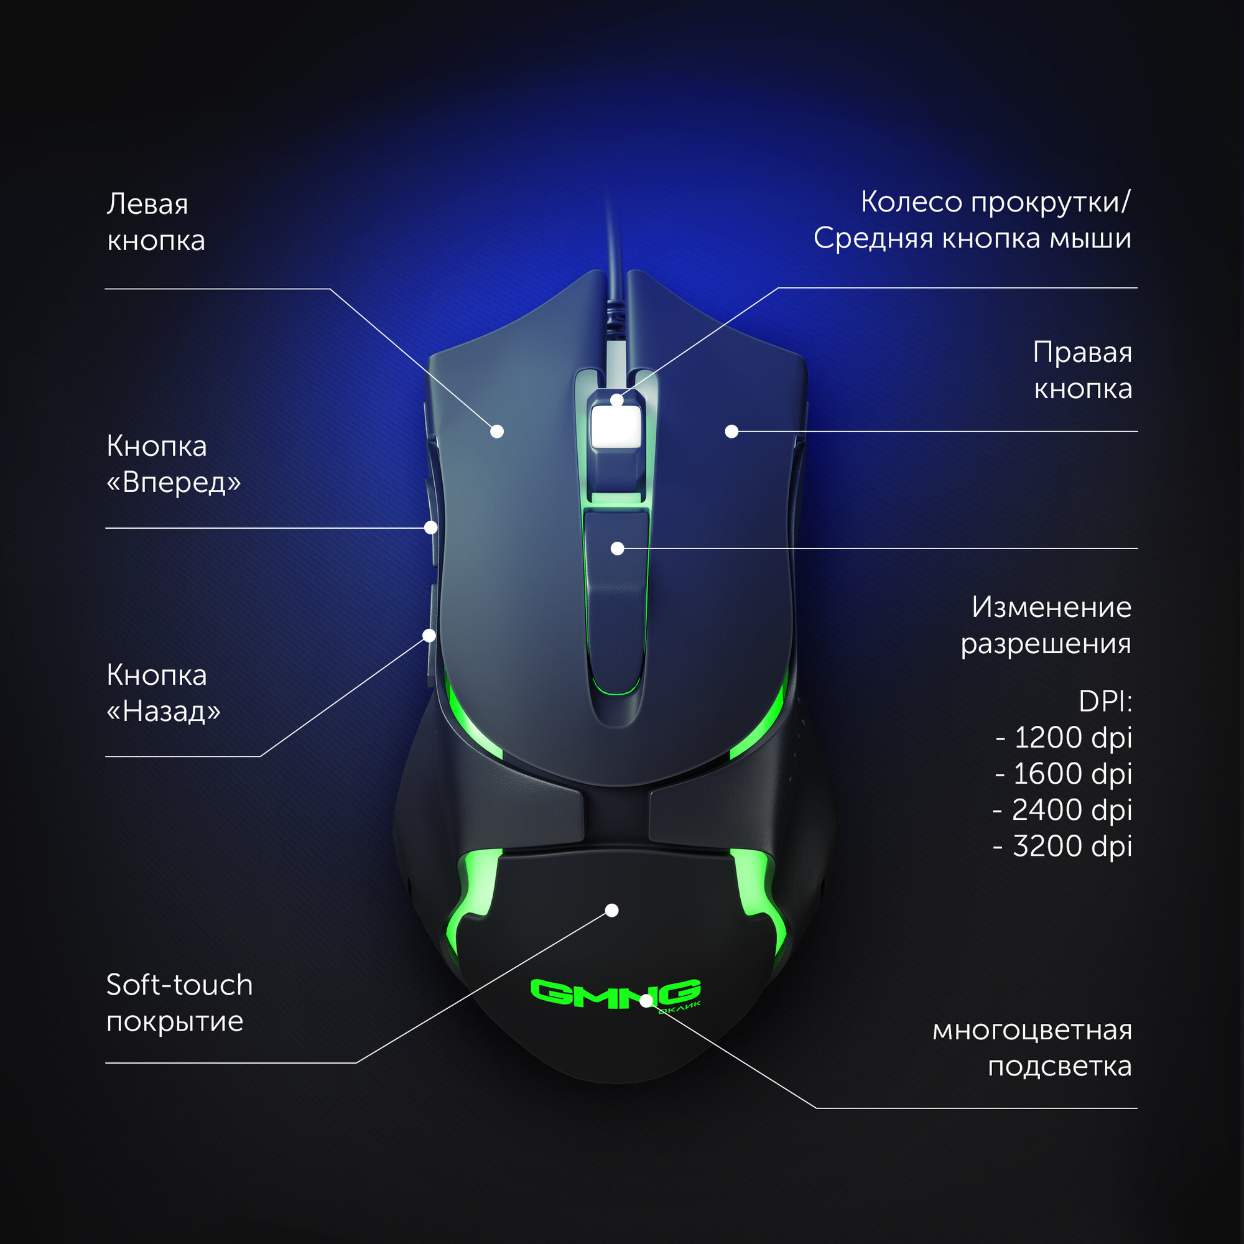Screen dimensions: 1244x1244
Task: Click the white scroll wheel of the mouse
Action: (616, 425)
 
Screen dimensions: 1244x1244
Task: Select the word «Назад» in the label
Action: (164, 712)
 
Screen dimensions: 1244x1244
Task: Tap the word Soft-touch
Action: (179, 985)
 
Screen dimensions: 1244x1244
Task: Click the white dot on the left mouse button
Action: (497, 432)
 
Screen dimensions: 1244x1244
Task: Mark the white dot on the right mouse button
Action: (731, 432)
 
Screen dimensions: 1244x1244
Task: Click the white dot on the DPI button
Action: (618, 549)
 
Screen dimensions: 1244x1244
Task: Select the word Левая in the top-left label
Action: (147, 204)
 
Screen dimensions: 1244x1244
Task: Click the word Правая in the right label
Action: (1082, 353)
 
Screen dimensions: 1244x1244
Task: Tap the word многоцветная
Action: (1031, 1030)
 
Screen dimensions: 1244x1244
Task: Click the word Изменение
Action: (1051, 606)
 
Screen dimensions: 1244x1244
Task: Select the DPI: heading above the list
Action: (1104, 702)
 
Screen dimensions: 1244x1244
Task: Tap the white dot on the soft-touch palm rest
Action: (612, 911)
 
